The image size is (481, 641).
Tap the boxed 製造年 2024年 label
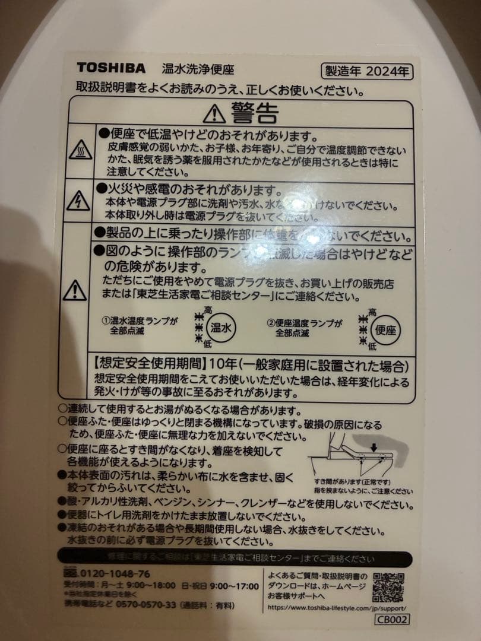(x=366, y=72)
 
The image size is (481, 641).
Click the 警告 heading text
(x=255, y=112)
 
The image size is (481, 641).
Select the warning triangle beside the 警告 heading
(x=214, y=112)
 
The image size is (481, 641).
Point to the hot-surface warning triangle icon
(x=80, y=150)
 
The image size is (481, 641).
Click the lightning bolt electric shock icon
(x=78, y=202)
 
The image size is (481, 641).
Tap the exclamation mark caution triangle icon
(x=75, y=290)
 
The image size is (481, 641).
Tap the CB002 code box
(x=392, y=619)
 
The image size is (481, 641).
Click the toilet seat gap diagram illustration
(x=355, y=457)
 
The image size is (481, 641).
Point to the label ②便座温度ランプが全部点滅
(x=305, y=328)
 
